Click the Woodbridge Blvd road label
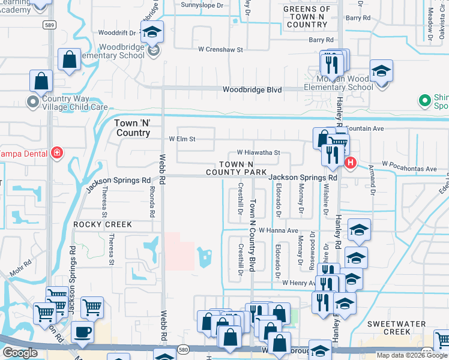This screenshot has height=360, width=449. click(252, 89)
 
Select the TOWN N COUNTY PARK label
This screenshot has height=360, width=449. click(236, 168)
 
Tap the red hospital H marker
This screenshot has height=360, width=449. click(351, 162)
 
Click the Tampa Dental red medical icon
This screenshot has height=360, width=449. click(57, 153)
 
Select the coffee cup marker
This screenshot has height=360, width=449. click(82, 331)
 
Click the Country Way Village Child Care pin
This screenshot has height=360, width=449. click(32, 103)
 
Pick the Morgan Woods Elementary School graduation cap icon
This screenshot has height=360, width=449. click(381, 71)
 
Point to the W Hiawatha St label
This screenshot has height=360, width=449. click(258, 153)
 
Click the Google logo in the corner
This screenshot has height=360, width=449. click(20, 353)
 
